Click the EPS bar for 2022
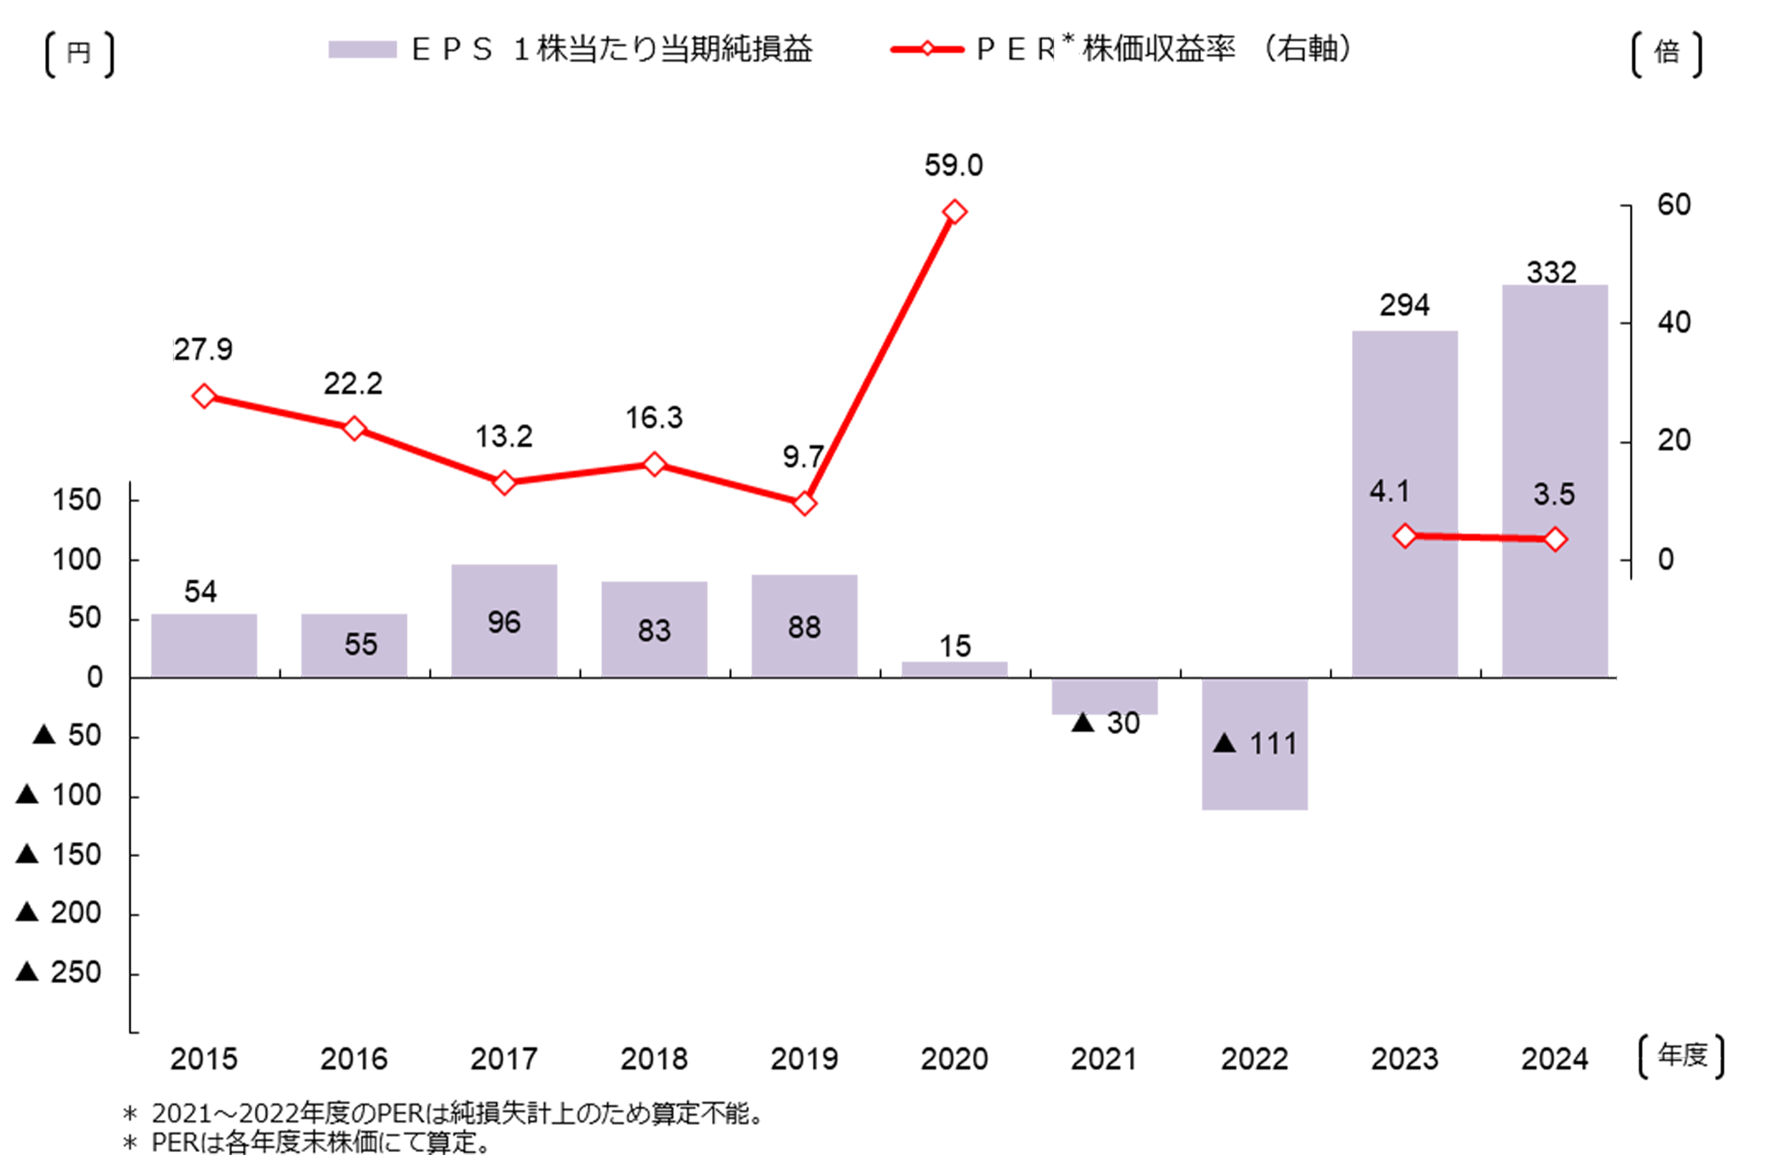coord(1255,775)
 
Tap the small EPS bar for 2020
coord(955,669)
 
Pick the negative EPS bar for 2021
coord(1104,696)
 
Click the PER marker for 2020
coord(955,213)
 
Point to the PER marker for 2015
coord(203,396)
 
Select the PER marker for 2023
coord(1405,536)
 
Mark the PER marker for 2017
coord(504,483)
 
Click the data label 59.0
coord(954,165)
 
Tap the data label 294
coord(1404,305)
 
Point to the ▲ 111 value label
coord(1256,744)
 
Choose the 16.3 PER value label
coord(654,417)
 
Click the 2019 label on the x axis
coord(804,1058)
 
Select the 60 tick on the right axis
coord(1674,204)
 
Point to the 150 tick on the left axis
coord(76,500)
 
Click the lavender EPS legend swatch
coord(362,50)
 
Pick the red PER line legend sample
coord(927,50)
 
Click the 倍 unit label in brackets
coord(1667,53)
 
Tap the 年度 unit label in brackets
coord(1682,1055)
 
